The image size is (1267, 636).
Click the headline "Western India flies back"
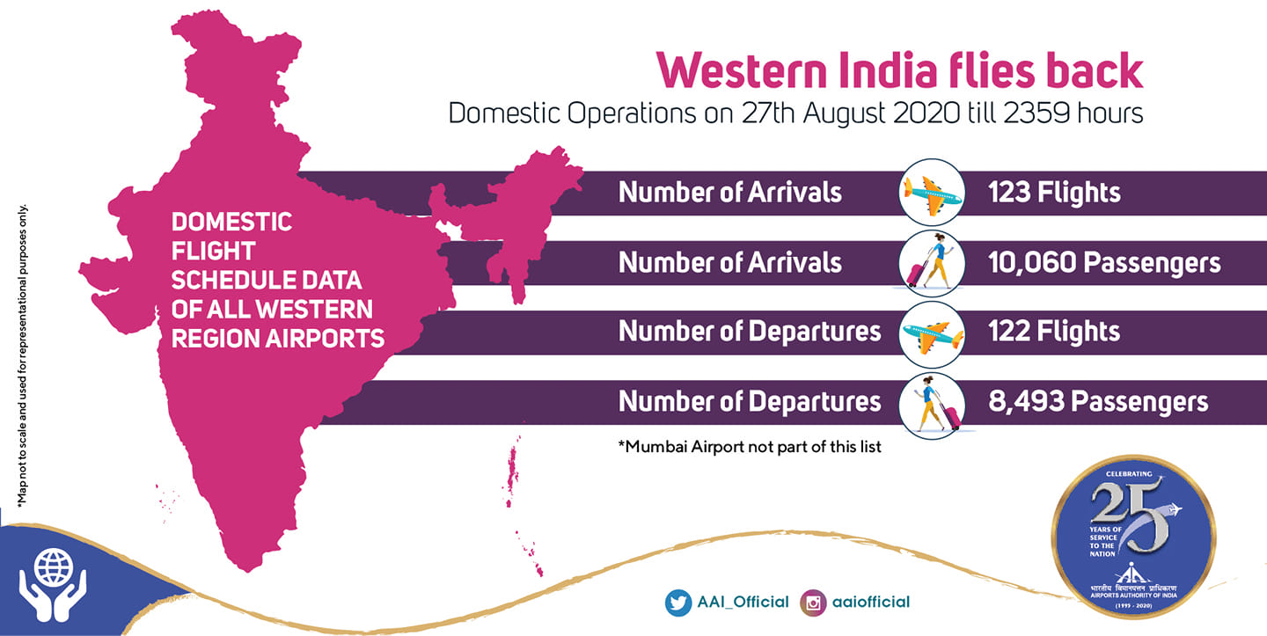click(x=899, y=70)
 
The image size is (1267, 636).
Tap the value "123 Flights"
click(x=1054, y=193)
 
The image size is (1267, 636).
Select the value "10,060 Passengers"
click(x=1104, y=263)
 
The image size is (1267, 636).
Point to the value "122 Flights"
click(x=1054, y=332)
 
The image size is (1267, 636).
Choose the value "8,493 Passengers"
click(x=1098, y=401)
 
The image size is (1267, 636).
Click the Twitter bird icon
click(x=678, y=603)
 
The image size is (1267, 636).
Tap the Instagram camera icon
click(x=813, y=603)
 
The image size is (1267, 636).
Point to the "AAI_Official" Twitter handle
click(x=743, y=602)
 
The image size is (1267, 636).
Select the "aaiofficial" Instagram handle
click(x=871, y=602)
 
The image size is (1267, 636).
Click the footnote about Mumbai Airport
click(x=750, y=447)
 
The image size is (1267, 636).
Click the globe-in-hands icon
click(x=53, y=583)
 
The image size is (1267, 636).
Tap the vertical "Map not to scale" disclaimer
click(x=22, y=355)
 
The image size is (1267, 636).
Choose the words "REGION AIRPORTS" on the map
click(x=278, y=339)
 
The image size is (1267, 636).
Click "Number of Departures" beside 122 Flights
click(x=750, y=332)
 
